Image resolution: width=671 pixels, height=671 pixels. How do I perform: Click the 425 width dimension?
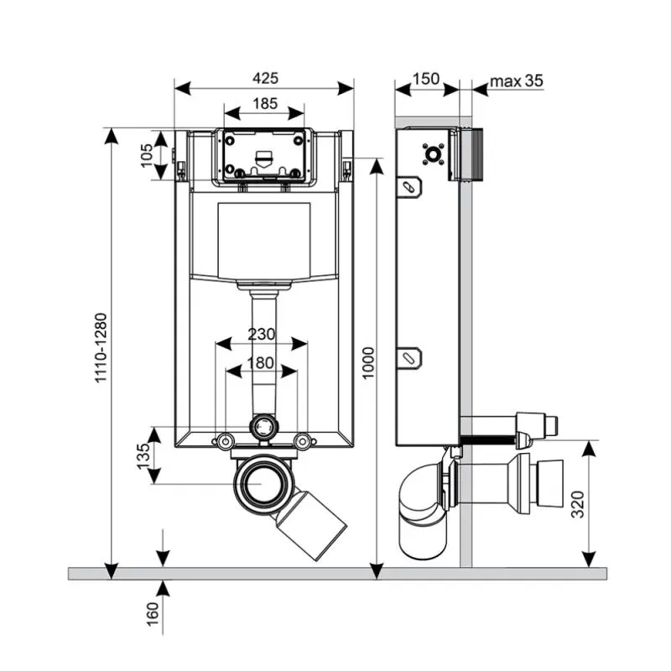coord(264,78)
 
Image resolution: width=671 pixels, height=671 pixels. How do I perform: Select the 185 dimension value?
coord(264,104)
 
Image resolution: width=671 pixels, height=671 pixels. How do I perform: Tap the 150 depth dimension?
coord(426,79)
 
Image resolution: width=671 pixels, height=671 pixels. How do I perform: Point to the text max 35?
coord(517,81)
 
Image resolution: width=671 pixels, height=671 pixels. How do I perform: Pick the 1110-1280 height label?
coord(101,348)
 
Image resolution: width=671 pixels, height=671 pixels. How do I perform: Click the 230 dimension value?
coord(261,333)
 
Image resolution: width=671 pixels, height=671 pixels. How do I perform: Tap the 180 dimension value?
coord(261,362)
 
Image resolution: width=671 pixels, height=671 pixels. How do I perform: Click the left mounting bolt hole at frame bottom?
coord(225,440)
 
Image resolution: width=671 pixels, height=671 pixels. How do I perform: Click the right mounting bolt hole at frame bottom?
coord(303,440)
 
